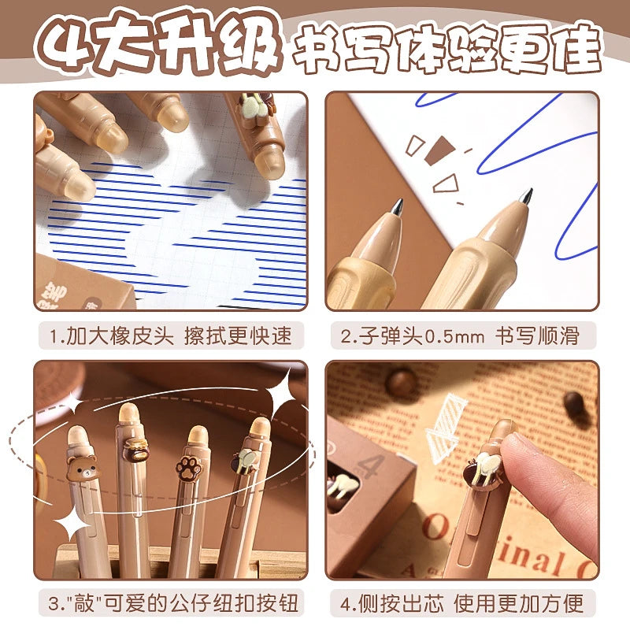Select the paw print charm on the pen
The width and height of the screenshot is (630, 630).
pos(189,465)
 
